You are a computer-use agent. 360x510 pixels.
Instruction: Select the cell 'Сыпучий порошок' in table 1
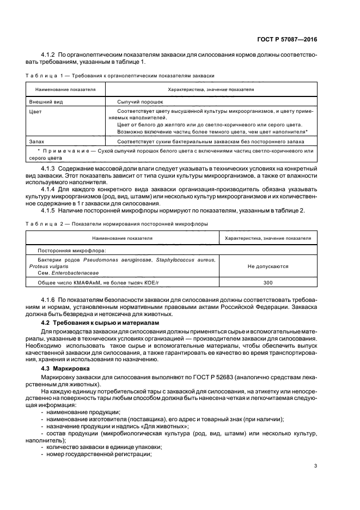(139, 101)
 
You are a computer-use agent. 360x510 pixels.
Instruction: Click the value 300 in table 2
(268, 283)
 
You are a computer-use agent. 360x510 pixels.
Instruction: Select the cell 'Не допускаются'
(268, 266)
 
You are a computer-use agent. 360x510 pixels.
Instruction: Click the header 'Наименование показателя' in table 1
(65, 89)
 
